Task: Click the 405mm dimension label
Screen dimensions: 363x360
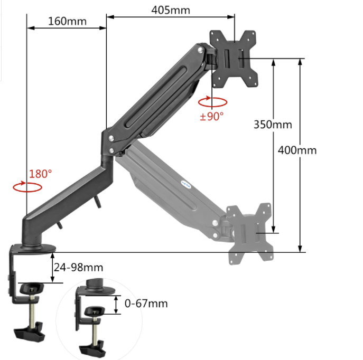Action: pyautogui.click(x=171, y=10)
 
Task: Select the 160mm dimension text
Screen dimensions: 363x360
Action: pyautogui.click(x=67, y=21)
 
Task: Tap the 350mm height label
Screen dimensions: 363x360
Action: pyautogui.click(x=273, y=125)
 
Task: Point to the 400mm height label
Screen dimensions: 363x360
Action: pyautogui.click(x=297, y=150)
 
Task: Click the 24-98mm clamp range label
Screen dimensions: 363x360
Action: pyautogui.click(x=79, y=267)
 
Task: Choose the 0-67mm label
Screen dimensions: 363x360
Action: pyautogui.click(x=146, y=304)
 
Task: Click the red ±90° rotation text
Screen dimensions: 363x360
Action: pyautogui.click(x=212, y=116)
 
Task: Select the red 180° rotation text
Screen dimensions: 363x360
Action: pyautogui.click(x=41, y=174)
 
